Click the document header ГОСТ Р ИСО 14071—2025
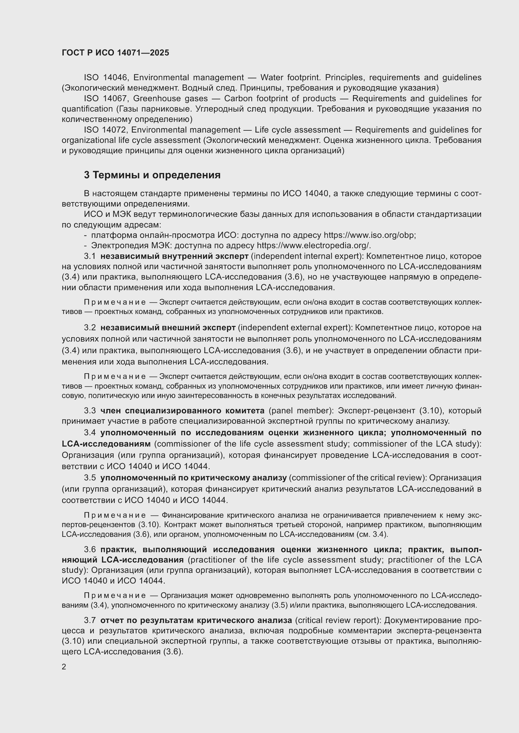point(115,53)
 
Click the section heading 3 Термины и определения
point(152,175)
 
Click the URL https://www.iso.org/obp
point(369,235)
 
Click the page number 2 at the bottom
point(64,667)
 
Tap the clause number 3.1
point(90,256)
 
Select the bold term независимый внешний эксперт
point(168,327)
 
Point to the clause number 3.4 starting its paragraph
point(90,432)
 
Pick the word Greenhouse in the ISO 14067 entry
point(153,98)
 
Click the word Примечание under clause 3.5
point(115,515)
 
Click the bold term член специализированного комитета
point(182,410)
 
